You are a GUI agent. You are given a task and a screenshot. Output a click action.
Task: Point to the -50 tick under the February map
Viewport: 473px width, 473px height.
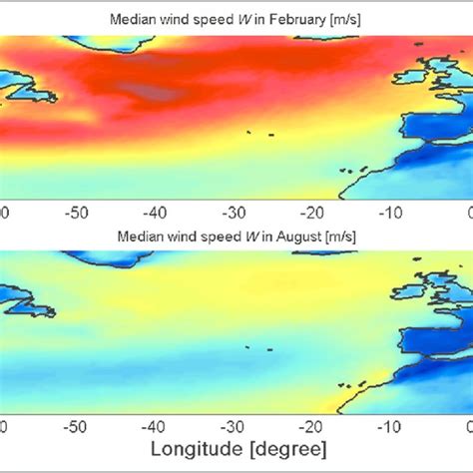click(76, 213)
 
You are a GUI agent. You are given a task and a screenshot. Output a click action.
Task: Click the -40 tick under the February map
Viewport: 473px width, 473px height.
click(154, 213)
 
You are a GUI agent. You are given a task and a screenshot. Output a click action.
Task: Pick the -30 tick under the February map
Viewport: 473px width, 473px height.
click(232, 213)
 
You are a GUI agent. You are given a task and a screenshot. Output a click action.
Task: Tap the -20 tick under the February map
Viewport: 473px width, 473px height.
click(309, 213)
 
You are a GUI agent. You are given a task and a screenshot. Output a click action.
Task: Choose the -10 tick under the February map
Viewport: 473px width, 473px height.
click(387, 213)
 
